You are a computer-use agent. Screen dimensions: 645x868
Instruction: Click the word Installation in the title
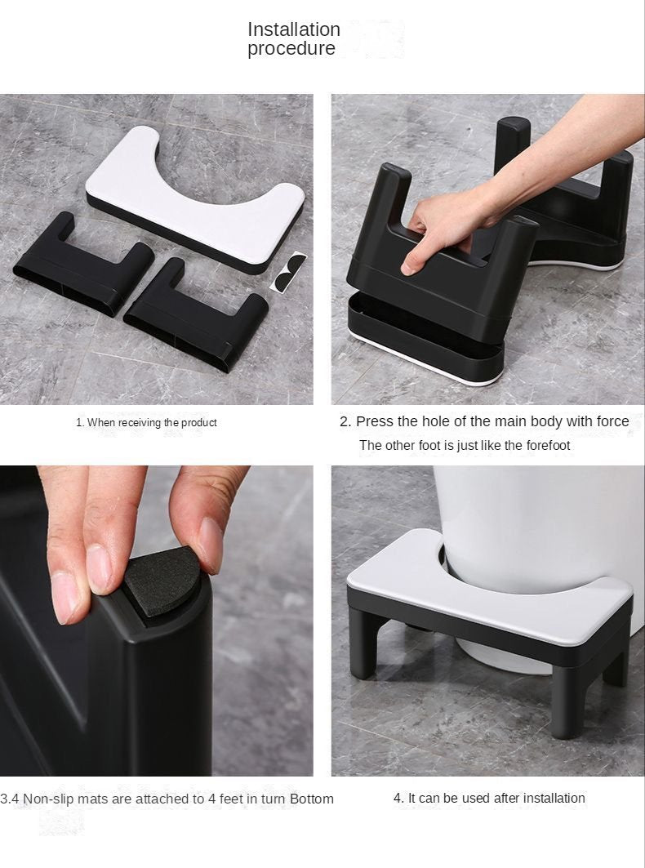(x=293, y=29)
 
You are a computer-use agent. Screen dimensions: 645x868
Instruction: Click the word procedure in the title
(x=291, y=49)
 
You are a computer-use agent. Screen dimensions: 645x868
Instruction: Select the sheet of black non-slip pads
(x=288, y=270)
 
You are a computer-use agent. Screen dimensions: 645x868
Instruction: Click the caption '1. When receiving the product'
(x=146, y=422)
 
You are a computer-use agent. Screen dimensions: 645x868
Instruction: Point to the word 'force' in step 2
(x=612, y=421)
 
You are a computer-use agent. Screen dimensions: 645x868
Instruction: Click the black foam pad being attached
(x=162, y=581)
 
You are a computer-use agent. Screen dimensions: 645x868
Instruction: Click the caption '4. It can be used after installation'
(x=489, y=798)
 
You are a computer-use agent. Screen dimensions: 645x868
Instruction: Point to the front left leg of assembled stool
(x=363, y=645)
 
